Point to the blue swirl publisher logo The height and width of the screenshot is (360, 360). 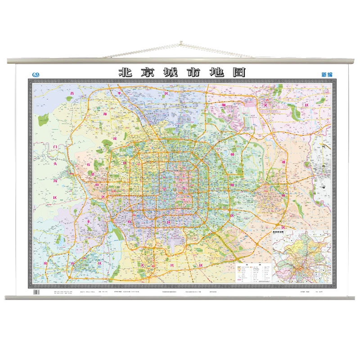tap(36, 74)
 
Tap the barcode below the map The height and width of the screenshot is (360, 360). tap(37, 292)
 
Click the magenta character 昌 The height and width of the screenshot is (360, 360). tap(71, 94)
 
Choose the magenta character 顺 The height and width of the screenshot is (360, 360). tap(236, 104)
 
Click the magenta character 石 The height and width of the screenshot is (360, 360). tap(89, 164)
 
